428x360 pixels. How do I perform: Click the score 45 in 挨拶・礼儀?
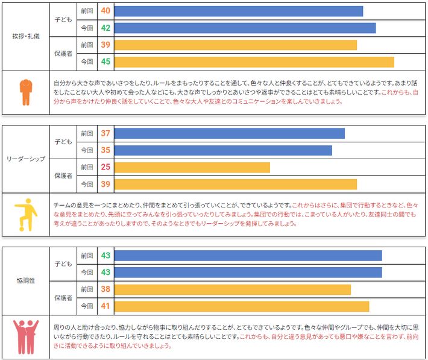pos(105,62)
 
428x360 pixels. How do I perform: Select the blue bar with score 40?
pos(238,11)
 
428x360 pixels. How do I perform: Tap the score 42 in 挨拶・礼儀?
pos(105,28)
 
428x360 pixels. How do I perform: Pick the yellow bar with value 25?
pos(192,167)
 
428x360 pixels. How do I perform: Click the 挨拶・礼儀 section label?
pos(26,36)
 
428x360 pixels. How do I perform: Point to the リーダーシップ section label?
pos(26,159)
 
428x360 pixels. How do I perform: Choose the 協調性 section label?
pos(26,281)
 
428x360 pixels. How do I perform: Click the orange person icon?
pos(25,92)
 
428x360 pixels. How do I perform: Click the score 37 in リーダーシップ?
pos(105,133)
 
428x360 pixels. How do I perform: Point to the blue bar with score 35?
pos(222,150)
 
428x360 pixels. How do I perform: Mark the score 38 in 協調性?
pos(105,289)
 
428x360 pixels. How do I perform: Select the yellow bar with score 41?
pos(241,306)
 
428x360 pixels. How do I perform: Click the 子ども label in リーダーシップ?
pos(63,142)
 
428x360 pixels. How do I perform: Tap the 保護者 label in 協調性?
pos(63,298)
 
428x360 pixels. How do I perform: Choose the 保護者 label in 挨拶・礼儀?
pos(63,53)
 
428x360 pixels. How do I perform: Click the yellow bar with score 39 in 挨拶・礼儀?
pos(235,45)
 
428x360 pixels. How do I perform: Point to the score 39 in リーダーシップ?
pos(105,184)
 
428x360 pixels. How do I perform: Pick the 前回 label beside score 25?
pos(87,167)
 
